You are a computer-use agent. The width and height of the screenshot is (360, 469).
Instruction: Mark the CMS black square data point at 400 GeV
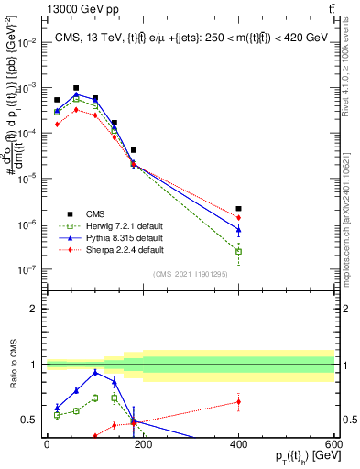238,209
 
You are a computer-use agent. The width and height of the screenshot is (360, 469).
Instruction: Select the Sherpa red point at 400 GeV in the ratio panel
238,401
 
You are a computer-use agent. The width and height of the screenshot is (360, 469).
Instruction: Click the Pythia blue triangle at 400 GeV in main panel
238,229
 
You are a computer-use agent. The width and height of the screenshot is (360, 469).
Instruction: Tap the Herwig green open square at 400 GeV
238,251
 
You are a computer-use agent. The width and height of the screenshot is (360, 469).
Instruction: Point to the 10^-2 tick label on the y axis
29,42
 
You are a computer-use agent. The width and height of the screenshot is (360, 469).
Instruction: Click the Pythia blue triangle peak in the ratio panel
95,372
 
